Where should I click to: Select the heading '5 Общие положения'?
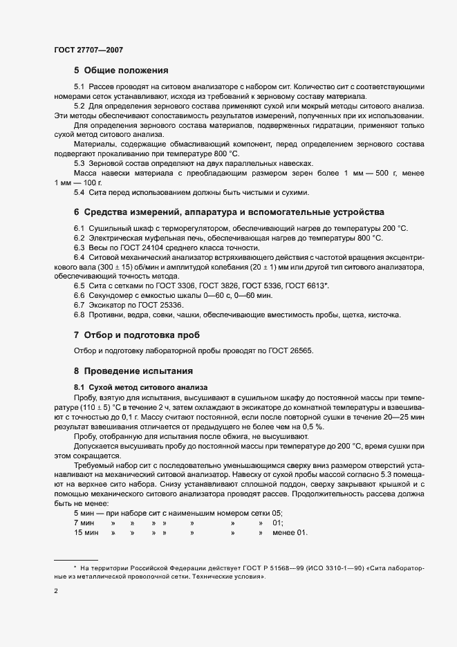pyautogui.click(x=121, y=71)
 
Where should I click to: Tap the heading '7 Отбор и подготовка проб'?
pyautogui.click(x=131, y=334)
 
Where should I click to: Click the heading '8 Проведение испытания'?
pyautogui.click(x=129, y=371)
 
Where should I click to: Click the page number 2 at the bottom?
pyautogui.click(x=56, y=591)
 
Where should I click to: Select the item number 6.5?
pyautogui.click(x=79, y=285)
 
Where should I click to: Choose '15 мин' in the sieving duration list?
pyautogui.click(x=87, y=532)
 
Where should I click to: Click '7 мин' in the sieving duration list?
pyautogui.click(x=85, y=523)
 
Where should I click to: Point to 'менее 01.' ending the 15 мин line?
pyautogui.click(x=290, y=532)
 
